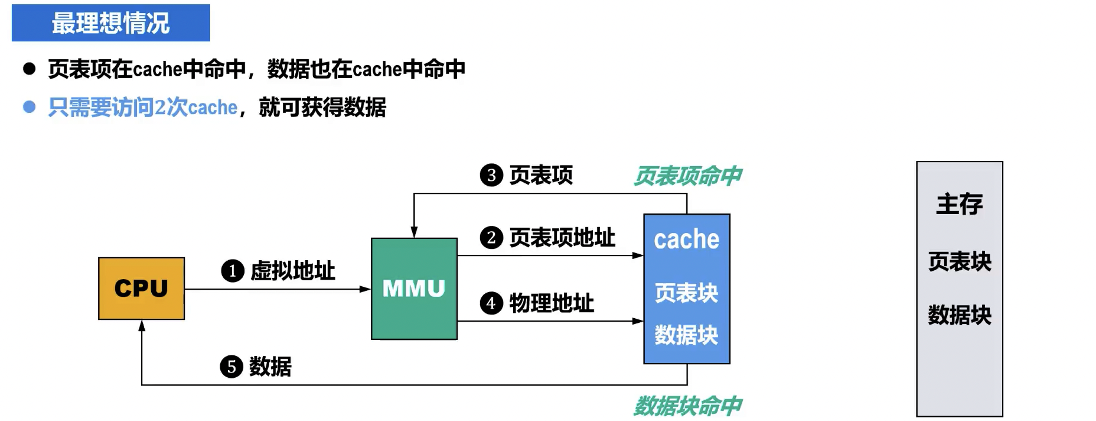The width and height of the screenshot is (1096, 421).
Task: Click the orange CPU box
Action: tap(141, 289)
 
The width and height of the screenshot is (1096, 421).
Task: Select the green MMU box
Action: tap(414, 289)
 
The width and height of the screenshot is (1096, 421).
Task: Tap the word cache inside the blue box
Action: tap(686, 239)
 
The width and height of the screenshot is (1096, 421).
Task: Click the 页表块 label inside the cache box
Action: tap(686, 293)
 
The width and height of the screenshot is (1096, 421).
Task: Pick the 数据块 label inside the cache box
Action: tap(686, 335)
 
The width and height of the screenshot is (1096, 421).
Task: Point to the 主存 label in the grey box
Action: tap(959, 204)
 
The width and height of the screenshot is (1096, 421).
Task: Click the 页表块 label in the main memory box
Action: tap(959, 261)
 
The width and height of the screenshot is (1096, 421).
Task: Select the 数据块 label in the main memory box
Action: tap(959, 315)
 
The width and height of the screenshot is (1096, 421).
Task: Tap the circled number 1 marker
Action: tap(233, 271)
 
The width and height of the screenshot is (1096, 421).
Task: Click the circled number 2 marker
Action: tap(491, 238)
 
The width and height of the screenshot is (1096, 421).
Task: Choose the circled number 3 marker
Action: tap(491, 175)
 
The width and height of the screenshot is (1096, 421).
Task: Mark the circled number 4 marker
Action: tap(491, 303)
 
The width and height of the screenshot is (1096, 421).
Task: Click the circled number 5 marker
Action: tap(231, 367)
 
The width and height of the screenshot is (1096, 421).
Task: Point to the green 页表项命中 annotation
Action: tap(687, 176)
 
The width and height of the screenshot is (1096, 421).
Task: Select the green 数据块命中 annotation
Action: tap(687, 406)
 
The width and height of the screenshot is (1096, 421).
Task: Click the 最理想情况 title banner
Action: tap(110, 23)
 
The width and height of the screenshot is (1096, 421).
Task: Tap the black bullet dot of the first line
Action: tap(29, 69)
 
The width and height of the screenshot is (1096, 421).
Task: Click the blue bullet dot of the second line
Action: tap(29, 107)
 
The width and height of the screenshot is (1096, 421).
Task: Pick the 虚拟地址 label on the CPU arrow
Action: tap(293, 271)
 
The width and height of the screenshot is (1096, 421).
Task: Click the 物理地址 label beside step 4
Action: tap(552, 303)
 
